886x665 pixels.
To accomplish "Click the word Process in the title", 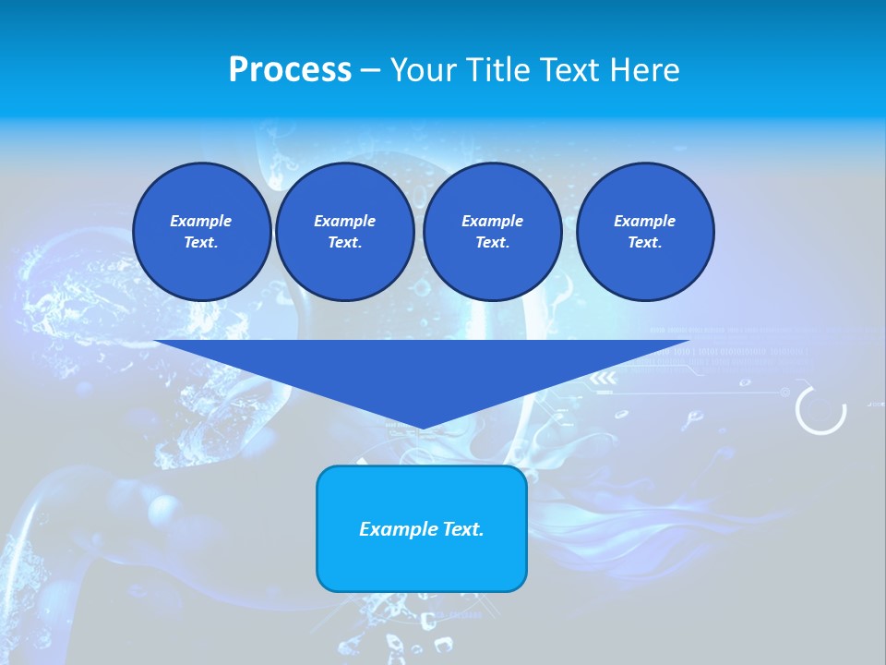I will coord(290,70).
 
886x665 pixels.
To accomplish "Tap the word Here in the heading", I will coord(641,70).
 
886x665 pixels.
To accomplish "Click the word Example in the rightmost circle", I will coord(645,221).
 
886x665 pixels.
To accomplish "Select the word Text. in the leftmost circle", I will coord(201,243).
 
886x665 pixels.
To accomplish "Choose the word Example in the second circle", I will coord(344,221).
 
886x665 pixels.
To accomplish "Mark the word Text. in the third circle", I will coord(492,243).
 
